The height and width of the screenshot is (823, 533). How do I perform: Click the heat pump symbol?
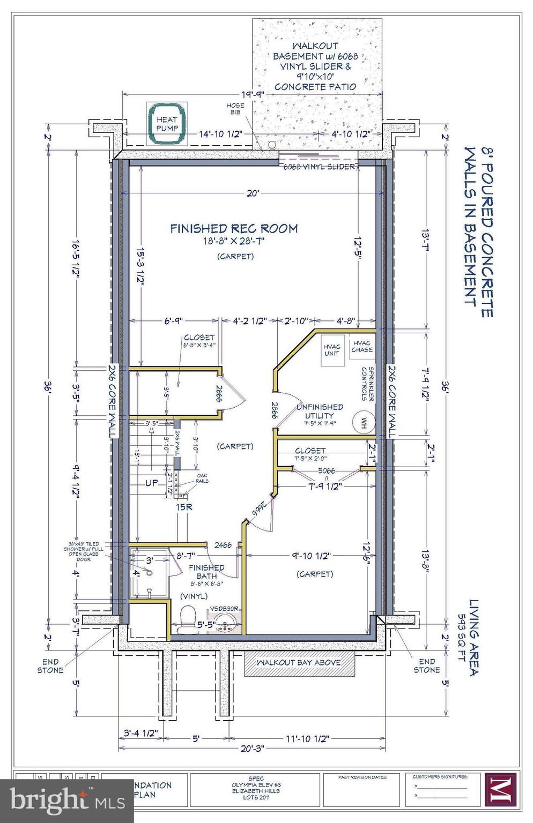point(166,124)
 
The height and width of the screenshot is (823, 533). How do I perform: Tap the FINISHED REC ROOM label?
point(234,229)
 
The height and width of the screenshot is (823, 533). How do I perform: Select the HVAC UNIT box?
point(332,350)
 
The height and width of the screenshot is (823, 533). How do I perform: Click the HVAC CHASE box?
point(362,347)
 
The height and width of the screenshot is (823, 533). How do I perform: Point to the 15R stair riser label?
point(183,506)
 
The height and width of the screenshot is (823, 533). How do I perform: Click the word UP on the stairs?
point(152,483)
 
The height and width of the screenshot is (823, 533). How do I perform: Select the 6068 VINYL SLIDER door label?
point(320,167)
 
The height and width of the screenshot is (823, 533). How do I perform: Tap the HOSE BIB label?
point(235,109)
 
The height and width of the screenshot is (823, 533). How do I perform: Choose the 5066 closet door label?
point(327,470)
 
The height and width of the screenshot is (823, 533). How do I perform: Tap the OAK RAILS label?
point(202,478)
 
